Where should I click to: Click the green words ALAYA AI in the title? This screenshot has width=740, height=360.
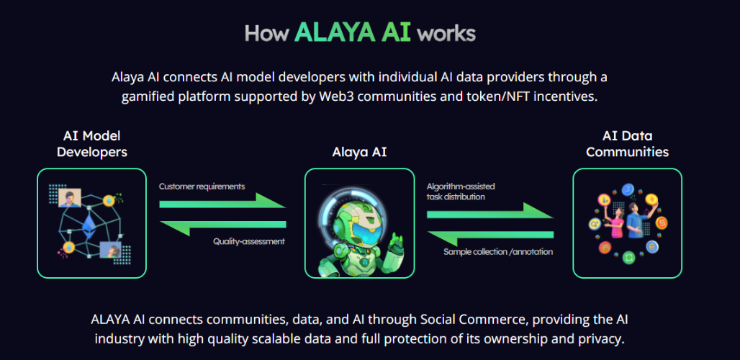(x=353, y=32)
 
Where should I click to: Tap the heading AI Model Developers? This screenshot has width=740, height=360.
(x=91, y=144)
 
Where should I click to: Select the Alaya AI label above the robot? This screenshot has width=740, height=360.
(x=359, y=152)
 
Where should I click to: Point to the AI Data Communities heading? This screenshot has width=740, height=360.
(x=627, y=144)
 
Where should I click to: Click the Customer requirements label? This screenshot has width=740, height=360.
(x=202, y=186)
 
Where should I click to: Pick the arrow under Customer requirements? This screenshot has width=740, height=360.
(x=222, y=201)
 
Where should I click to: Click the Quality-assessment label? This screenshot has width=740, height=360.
(x=249, y=241)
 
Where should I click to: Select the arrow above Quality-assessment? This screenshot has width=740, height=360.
(x=222, y=228)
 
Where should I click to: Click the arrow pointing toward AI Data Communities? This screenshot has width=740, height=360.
(x=490, y=211)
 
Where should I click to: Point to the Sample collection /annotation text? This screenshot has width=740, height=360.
(x=498, y=252)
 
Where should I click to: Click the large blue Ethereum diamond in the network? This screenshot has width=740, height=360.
(x=89, y=225)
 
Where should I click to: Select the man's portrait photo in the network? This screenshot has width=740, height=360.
(x=70, y=198)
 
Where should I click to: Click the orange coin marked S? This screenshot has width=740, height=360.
(x=662, y=223)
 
